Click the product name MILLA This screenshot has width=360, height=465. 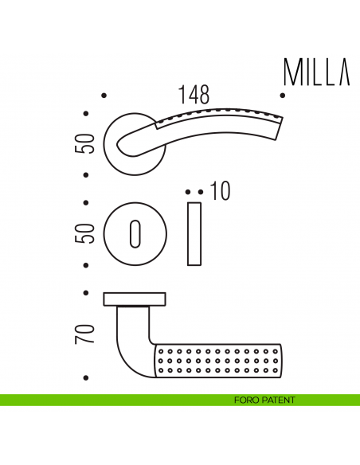316,72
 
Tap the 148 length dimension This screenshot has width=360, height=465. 194,96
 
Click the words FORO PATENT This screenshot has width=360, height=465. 264,400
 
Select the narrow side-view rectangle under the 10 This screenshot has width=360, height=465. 194,234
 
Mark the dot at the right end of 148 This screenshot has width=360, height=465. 283,97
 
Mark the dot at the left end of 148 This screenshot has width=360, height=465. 105,97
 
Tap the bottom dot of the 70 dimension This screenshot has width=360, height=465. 86,376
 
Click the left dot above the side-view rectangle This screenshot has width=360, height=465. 188,192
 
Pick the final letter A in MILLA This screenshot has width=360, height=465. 343,72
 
